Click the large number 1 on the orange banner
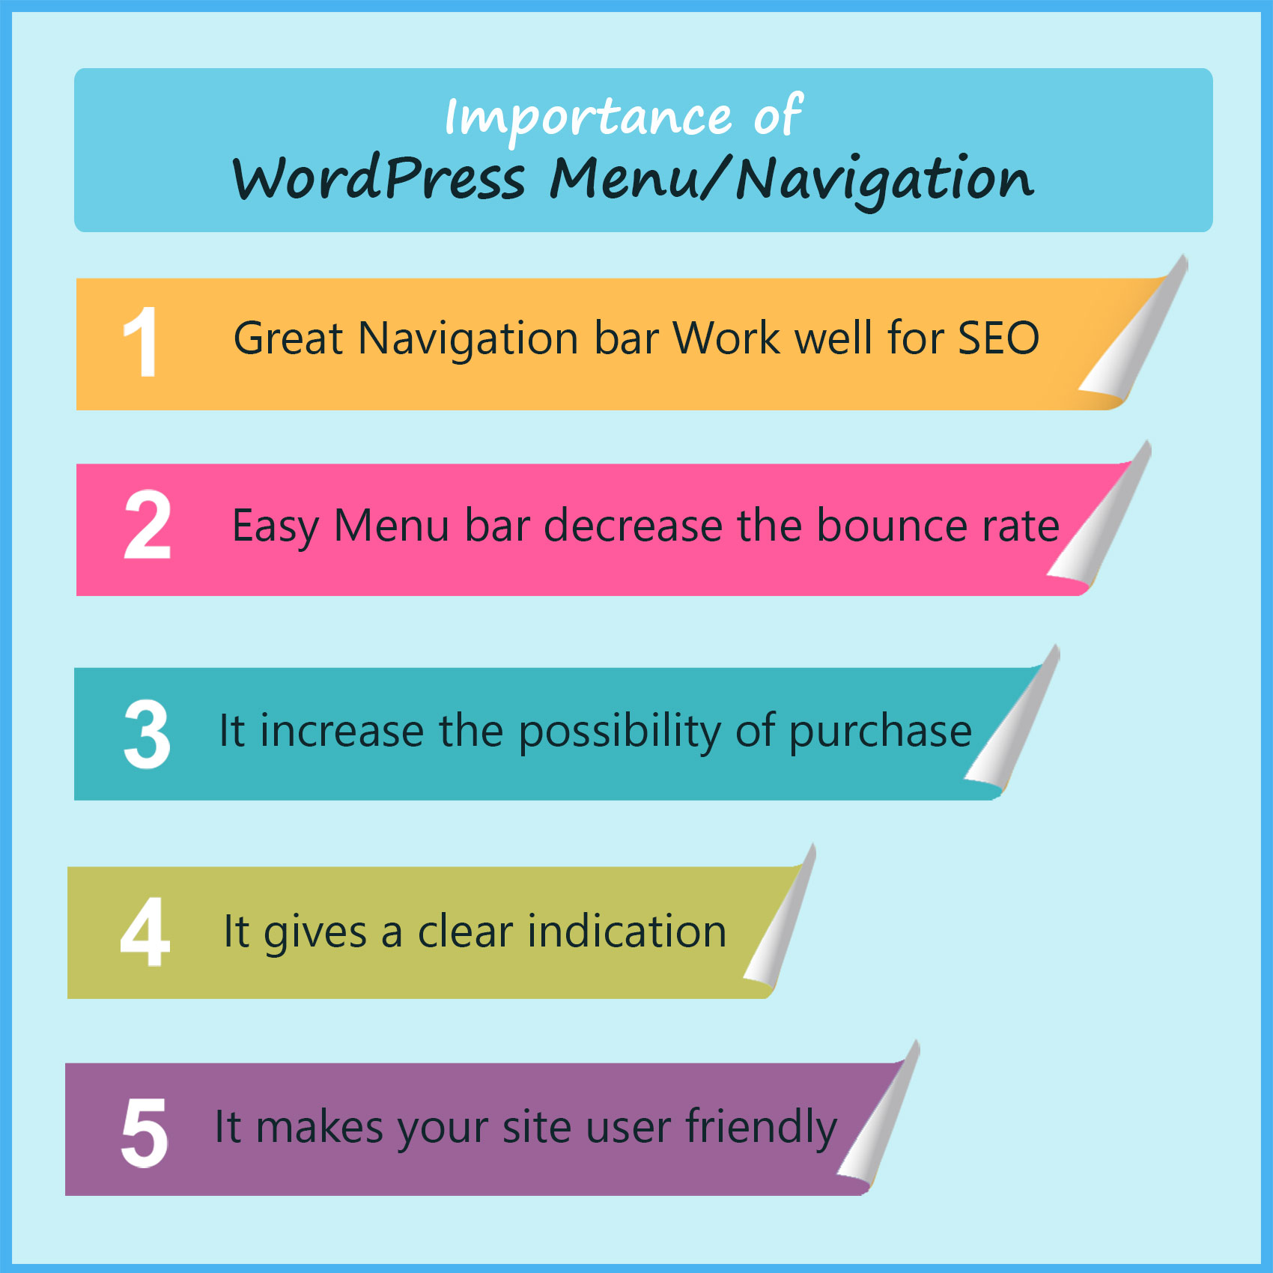[141, 342]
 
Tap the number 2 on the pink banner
[147, 526]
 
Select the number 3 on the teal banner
[147, 734]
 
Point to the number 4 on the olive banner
[145, 932]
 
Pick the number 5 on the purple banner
[145, 1132]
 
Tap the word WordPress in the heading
[379, 180]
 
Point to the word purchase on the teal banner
[880, 732]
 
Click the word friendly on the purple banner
[761, 1128]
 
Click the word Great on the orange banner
[288, 338]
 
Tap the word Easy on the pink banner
[276, 527]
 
